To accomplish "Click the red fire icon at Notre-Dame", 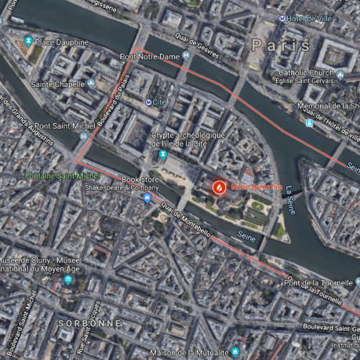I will (x=219, y=188).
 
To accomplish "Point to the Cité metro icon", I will (x=150, y=102).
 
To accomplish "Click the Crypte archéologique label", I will (x=188, y=140).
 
